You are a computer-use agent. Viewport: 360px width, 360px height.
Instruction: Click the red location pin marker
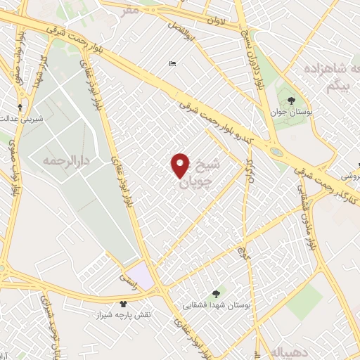(x=180, y=166)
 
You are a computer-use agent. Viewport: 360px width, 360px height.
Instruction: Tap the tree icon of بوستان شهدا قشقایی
(x=215, y=295)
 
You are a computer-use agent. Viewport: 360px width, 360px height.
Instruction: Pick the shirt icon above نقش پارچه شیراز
(x=124, y=304)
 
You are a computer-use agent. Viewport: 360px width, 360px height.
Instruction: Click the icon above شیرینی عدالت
(x=20, y=107)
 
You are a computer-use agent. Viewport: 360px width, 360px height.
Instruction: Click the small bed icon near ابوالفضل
(x=172, y=65)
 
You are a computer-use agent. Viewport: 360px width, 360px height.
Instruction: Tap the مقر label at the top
(x=130, y=10)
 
